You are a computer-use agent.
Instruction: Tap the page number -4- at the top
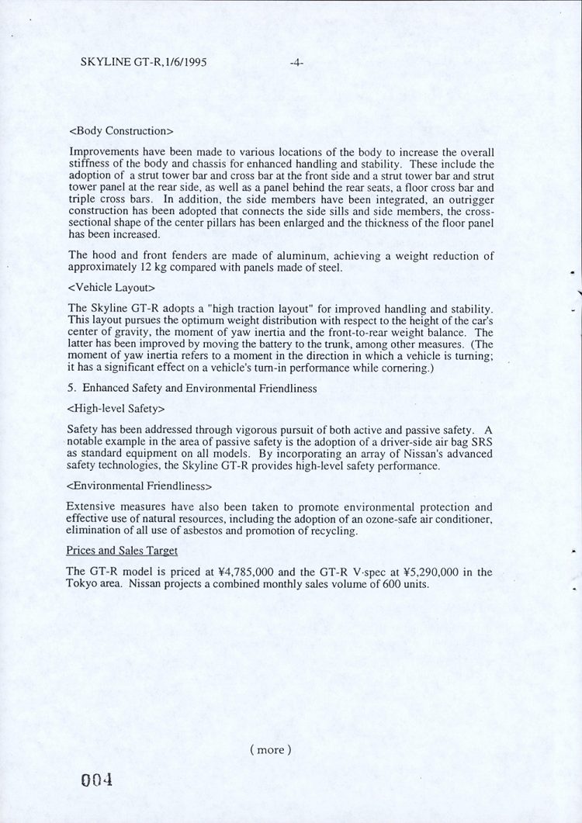click(296, 62)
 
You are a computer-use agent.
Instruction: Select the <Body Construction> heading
click(120, 130)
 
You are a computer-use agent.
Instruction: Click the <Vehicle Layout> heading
click(112, 289)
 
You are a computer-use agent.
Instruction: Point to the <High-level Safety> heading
click(116, 407)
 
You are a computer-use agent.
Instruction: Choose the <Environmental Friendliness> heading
click(140, 486)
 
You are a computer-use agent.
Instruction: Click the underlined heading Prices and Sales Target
click(122, 551)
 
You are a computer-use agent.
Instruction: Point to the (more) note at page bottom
click(271, 749)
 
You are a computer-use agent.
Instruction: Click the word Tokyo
click(83, 583)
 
